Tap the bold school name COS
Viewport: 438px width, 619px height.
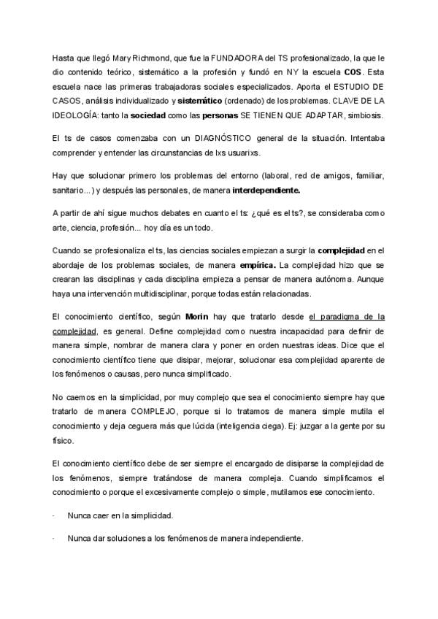point(354,72)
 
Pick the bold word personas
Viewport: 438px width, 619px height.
point(220,117)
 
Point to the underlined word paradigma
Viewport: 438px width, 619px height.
point(347,317)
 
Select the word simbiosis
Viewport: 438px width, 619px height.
point(369,117)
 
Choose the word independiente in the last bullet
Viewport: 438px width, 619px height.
point(272,538)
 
